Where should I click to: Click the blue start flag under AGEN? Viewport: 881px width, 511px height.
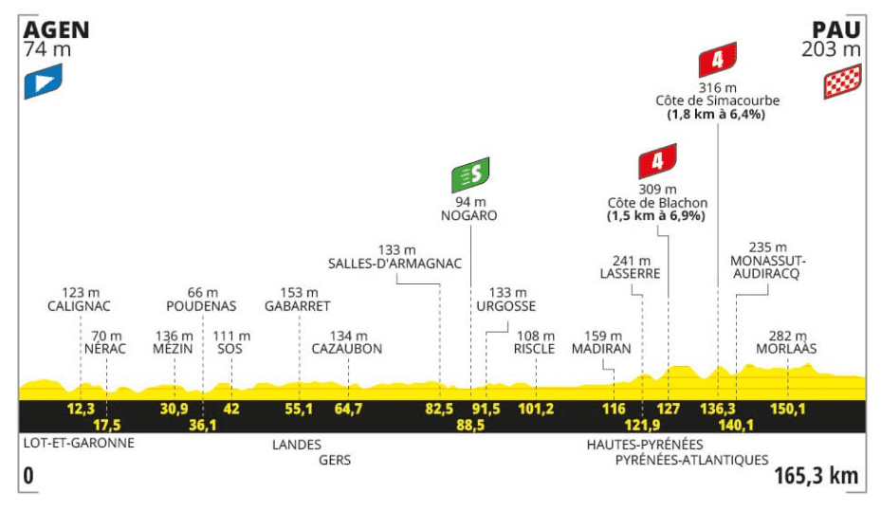(x=43, y=82)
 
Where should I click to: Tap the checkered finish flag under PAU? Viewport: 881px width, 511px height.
(x=842, y=82)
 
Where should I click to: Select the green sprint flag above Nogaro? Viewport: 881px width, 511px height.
(x=470, y=174)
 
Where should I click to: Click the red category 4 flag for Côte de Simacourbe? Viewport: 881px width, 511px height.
(x=718, y=60)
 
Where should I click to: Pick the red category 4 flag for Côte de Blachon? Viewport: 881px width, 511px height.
(x=657, y=161)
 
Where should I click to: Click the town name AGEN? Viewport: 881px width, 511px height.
(x=56, y=29)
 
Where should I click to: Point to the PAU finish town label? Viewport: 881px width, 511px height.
(x=836, y=29)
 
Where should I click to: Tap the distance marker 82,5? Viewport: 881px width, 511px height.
(x=439, y=409)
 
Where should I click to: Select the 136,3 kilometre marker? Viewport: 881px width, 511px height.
(x=718, y=409)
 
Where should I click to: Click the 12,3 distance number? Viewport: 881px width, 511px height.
(x=81, y=409)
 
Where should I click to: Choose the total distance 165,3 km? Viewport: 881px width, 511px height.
(x=817, y=476)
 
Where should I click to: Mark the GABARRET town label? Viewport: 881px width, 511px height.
(x=297, y=306)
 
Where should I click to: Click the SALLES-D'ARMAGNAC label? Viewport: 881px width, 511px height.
(x=395, y=264)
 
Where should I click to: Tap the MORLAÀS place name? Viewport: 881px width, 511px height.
(x=786, y=348)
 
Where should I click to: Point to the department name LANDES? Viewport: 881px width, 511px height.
(x=297, y=445)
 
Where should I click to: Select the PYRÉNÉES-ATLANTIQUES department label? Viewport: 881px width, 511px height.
(x=691, y=460)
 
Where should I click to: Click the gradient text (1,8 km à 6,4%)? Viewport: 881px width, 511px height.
(x=716, y=115)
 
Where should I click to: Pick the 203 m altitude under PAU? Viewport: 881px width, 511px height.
(x=832, y=49)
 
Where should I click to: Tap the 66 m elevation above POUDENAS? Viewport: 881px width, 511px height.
(x=203, y=293)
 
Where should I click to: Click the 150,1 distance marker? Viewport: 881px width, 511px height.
(x=788, y=409)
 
